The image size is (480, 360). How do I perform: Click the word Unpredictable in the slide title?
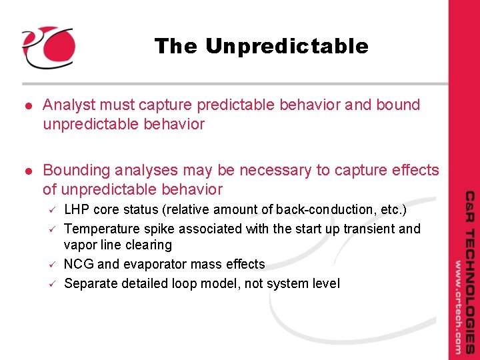click(287, 46)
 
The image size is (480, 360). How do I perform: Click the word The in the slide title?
click(176, 46)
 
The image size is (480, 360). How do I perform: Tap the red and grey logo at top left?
click(48, 47)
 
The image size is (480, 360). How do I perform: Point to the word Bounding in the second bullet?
click(75, 171)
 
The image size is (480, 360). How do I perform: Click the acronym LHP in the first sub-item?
click(77, 209)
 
